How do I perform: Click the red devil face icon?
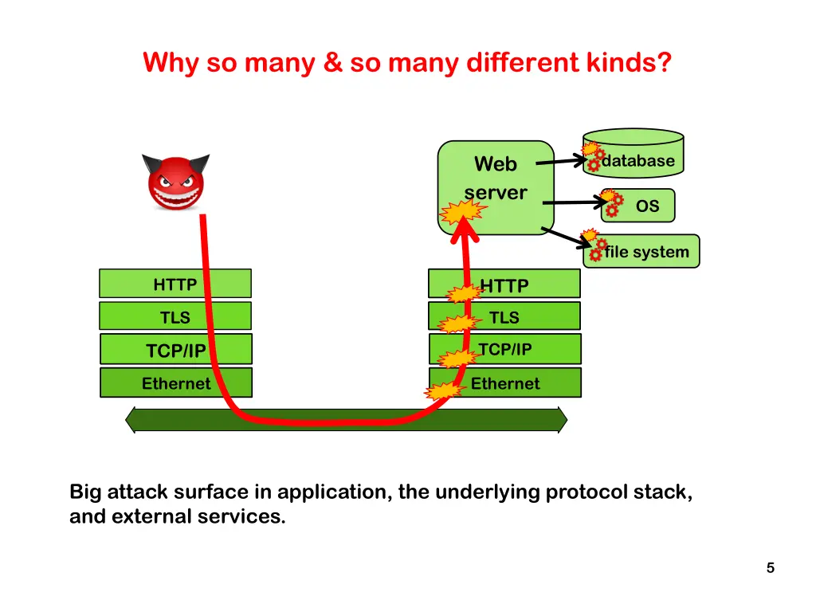pyautogui.click(x=176, y=182)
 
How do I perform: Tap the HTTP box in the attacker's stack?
pyautogui.click(x=175, y=284)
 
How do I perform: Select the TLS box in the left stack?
pyautogui.click(x=175, y=316)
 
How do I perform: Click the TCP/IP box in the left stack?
pyautogui.click(x=176, y=349)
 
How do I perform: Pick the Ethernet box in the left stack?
pyautogui.click(x=176, y=382)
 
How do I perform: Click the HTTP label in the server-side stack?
pyautogui.click(x=504, y=286)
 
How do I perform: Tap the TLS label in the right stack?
pyautogui.click(x=504, y=317)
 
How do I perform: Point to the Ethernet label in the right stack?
pyautogui.click(x=504, y=383)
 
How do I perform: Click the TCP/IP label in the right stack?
pyautogui.click(x=504, y=349)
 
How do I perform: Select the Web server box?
pyautogui.click(x=496, y=187)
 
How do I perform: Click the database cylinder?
pyautogui.click(x=634, y=153)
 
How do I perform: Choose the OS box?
pyautogui.click(x=638, y=206)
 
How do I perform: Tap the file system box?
pyautogui.click(x=641, y=251)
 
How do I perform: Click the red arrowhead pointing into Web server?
pyautogui.click(x=465, y=231)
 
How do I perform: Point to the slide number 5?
pyautogui.click(x=771, y=567)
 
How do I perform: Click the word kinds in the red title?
pyautogui.click(x=630, y=62)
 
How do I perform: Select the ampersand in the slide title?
pyautogui.click(x=332, y=62)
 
